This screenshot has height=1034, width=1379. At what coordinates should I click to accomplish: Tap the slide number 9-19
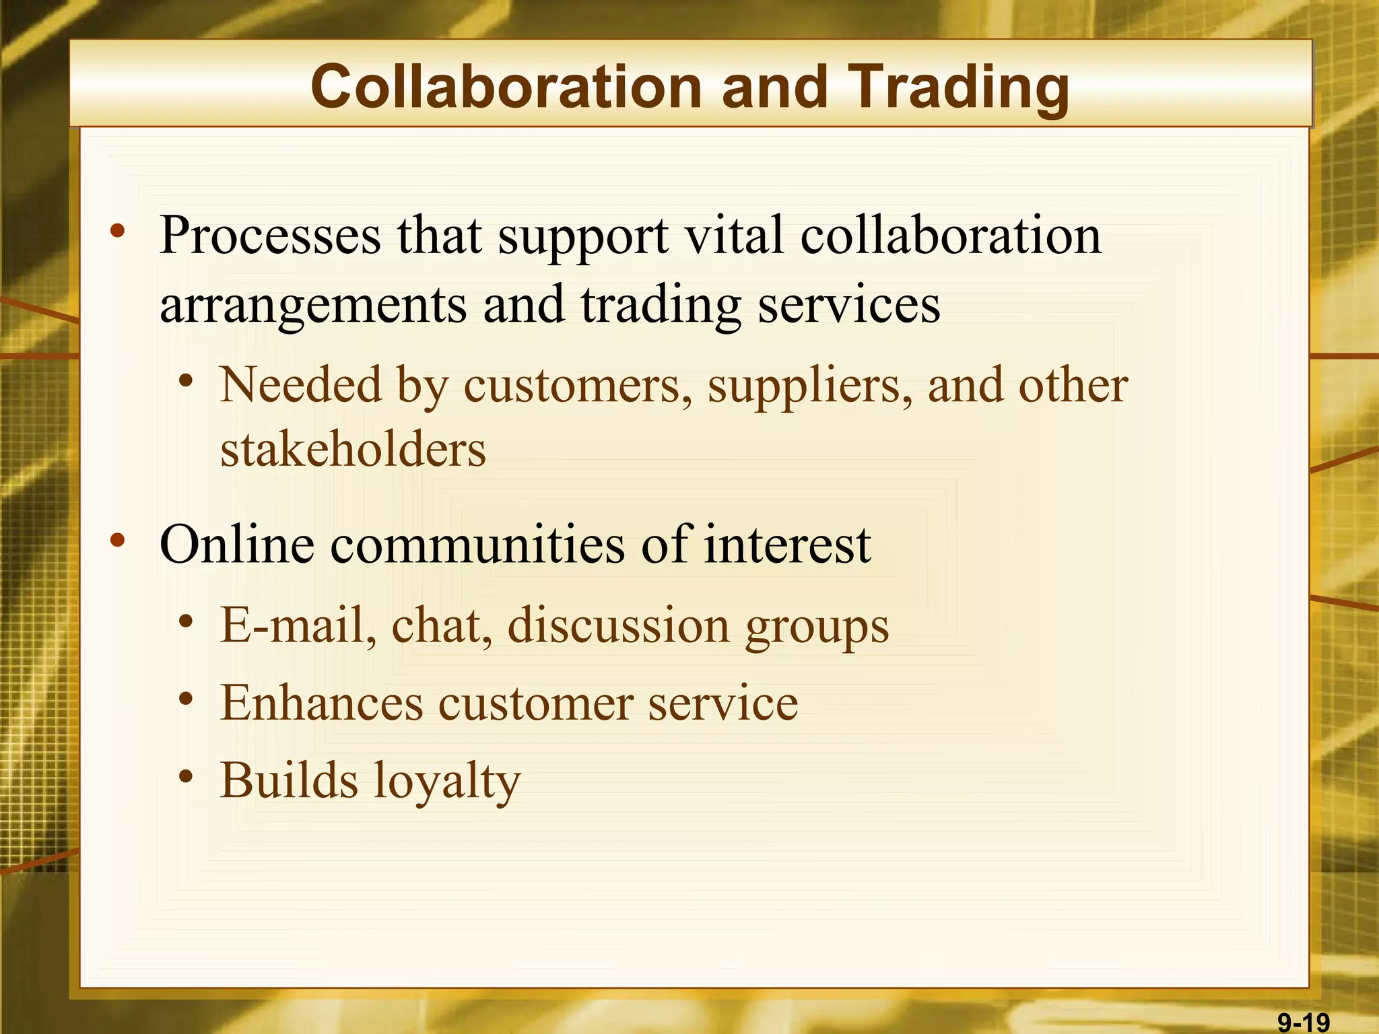point(1304,1023)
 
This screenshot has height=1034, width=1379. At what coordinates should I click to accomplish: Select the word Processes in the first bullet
point(270,236)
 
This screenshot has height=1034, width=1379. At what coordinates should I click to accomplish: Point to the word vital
point(733,236)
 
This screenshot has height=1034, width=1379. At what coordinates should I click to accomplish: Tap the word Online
point(236,543)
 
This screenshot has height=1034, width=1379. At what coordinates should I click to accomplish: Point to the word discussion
point(618,624)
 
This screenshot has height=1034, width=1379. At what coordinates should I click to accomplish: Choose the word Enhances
point(321,702)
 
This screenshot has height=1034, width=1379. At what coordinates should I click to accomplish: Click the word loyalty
point(447,781)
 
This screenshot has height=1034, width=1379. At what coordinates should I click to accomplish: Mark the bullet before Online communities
point(118,540)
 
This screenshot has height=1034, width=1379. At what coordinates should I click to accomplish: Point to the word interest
point(787,543)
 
